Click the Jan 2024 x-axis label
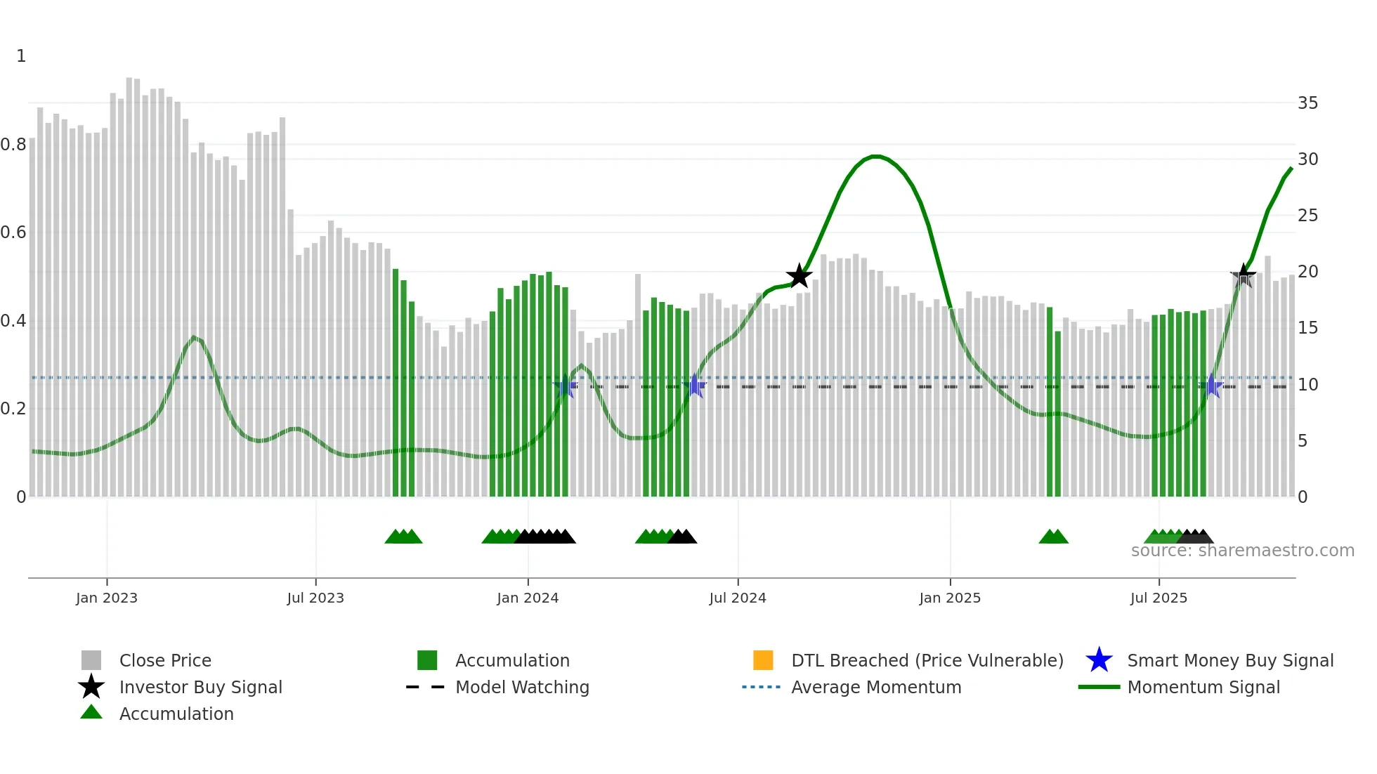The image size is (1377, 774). click(x=528, y=598)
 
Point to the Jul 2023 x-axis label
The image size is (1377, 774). click(x=315, y=598)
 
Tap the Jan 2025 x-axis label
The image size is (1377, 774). click(x=950, y=598)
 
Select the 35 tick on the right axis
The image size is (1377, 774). click(x=1307, y=103)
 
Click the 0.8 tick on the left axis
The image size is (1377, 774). click(x=13, y=145)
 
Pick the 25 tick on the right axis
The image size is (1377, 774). click(x=1307, y=216)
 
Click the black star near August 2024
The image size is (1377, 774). click(x=799, y=277)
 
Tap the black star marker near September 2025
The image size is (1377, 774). click(x=1243, y=277)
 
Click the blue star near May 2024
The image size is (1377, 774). click(x=695, y=386)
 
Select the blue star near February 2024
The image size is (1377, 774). click(x=565, y=386)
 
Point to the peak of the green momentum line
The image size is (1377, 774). click(x=875, y=156)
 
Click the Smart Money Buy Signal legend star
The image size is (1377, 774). click(x=1099, y=660)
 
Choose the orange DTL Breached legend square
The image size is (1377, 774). click(x=763, y=660)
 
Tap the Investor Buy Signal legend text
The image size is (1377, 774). click(x=201, y=687)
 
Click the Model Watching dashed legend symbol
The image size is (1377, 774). click(x=425, y=687)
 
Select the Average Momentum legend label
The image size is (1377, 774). click(x=876, y=687)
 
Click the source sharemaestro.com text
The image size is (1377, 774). click(x=1242, y=551)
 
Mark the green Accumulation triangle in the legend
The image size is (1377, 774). click(x=91, y=712)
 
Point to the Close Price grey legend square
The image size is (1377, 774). click(x=91, y=660)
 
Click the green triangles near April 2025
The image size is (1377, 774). click(x=1053, y=537)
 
